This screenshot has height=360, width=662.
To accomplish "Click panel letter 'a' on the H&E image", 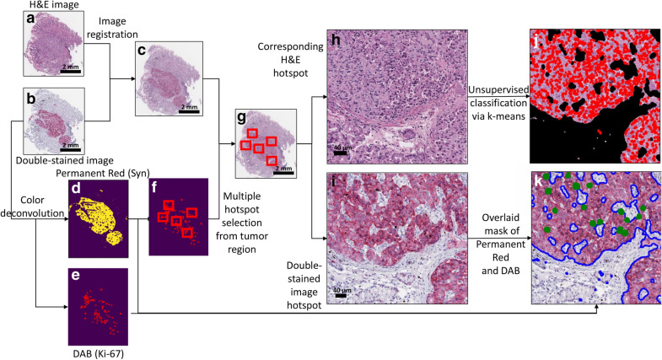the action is (30, 19).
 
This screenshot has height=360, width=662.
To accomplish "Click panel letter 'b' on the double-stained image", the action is (30, 99).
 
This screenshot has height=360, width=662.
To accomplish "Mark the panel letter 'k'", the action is (537, 183).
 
